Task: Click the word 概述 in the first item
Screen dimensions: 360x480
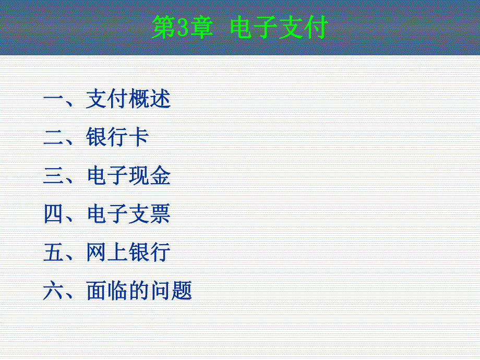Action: click(150, 100)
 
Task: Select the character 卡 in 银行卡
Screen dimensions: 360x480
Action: click(139, 138)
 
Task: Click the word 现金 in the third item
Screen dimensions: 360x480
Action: click(150, 176)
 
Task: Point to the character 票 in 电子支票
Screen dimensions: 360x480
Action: click(160, 214)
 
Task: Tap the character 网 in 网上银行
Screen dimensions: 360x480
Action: click(97, 253)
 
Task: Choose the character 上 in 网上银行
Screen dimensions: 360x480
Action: click(118, 253)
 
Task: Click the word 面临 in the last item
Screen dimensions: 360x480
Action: click(107, 291)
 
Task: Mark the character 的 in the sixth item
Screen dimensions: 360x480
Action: click(139, 291)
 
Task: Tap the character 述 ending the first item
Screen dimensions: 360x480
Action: click(160, 100)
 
